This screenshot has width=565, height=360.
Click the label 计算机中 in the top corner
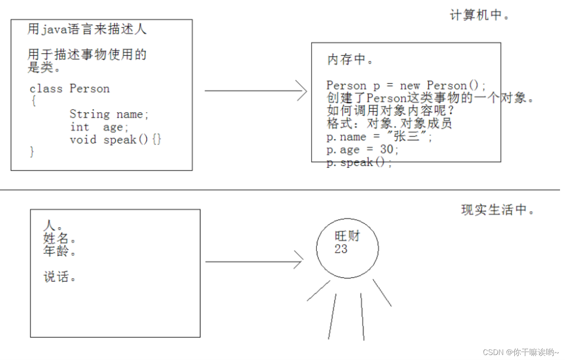(480, 16)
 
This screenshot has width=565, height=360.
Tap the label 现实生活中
(498, 210)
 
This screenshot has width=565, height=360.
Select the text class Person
(70, 89)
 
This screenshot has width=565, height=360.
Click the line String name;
(109, 114)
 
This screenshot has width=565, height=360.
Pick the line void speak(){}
(115, 140)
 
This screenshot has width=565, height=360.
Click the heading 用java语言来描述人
(87, 29)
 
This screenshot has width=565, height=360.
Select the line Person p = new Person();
(406, 85)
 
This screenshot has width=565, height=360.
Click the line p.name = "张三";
(379, 137)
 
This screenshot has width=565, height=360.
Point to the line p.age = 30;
(363, 149)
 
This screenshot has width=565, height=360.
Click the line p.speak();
(359, 163)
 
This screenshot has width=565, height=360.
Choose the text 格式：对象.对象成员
(389, 124)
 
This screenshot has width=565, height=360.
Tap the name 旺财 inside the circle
(347, 236)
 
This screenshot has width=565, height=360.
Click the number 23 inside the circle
(341, 249)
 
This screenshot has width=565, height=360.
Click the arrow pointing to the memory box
(256, 90)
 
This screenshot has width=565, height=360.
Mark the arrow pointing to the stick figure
(254, 262)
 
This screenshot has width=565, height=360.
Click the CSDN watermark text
(521, 352)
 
